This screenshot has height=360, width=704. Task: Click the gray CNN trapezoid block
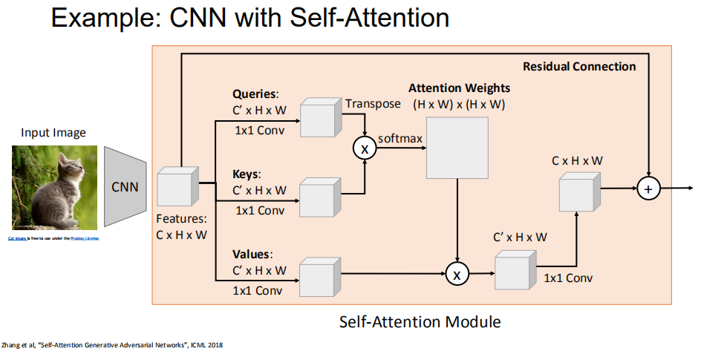point(125,186)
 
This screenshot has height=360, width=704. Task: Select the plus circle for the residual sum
point(648,189)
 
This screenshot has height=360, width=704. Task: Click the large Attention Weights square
point(457,148)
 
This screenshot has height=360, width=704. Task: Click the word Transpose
point(373,103)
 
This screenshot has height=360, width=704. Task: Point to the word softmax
point(401,139)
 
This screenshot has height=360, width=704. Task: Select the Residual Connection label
point(579,66)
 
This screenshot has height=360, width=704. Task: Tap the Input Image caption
point(53,133)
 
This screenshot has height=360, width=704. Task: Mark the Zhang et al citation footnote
point(111,344)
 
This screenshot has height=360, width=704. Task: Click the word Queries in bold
point(255,94)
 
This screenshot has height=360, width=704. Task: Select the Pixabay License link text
point(85,238)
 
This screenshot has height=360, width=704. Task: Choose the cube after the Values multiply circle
point(514,270)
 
